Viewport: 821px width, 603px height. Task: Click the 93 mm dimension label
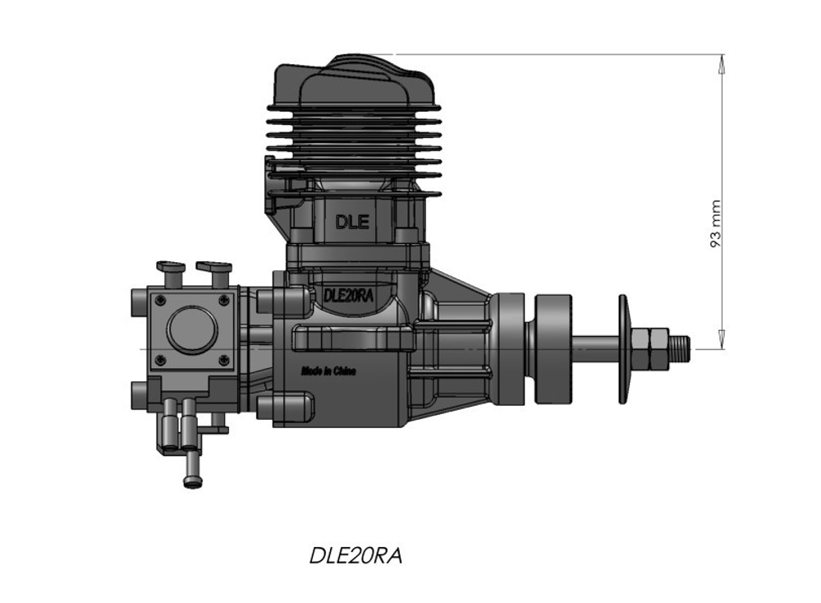[715, 223]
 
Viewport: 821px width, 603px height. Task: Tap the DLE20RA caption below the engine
[355, 555]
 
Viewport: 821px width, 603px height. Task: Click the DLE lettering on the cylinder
[351, 221]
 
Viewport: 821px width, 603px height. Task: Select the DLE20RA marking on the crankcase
[349, 296]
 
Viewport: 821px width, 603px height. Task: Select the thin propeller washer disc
[623, 349]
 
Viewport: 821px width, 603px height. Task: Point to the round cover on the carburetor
[191, 329]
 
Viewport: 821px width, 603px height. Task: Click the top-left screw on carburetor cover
[160, 299]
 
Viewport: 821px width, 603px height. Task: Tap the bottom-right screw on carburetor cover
[223, 360]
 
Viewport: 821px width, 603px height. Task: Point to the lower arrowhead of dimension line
[722, 340]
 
